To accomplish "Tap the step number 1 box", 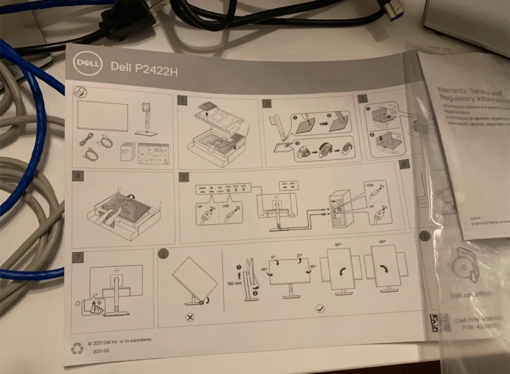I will tap(182, 101).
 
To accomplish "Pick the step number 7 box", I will tap(78, 257).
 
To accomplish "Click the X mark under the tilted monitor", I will tap(190, 317).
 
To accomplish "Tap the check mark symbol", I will tap(320, 309).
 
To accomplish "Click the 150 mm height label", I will tap(234, 284).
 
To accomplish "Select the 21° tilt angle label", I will tap(299, 255).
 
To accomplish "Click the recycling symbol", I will tap(77, 349).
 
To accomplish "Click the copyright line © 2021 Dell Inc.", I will tap(120, 341).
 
